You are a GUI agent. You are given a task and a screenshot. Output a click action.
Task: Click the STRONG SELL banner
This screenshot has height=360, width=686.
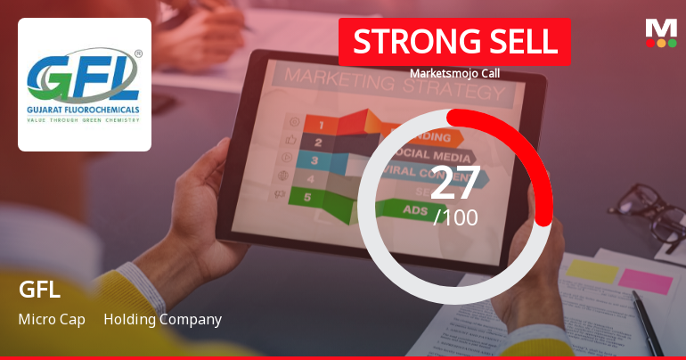pos(454,42)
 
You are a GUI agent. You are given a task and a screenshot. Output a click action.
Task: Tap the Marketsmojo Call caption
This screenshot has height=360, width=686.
pos(454,73)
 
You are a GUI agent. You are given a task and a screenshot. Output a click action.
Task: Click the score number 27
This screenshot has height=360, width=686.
pos(455,182)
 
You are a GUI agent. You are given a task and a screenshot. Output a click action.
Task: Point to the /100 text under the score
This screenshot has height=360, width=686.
pos(455,217)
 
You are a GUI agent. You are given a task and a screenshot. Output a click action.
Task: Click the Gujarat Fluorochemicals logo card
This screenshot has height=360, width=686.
pos(85,85)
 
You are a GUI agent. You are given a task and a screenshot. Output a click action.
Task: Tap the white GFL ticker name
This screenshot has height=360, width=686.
pos(39,290)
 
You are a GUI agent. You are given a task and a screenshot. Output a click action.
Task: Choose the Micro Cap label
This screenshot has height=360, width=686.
pos(52,319)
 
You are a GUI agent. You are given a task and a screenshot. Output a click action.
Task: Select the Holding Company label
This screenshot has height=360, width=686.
pos(162,319)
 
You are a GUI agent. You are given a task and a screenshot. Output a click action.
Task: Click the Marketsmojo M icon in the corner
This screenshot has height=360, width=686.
pos(661,32)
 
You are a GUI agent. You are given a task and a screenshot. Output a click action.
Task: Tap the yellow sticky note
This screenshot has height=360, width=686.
pos(592,270)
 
